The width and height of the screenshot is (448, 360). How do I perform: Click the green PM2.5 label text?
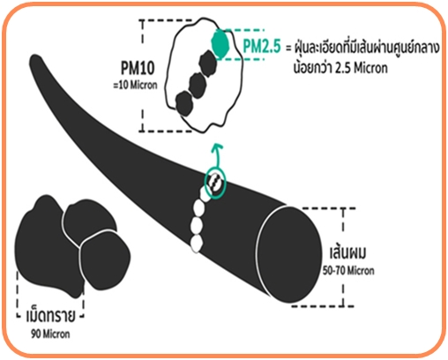point(262,46)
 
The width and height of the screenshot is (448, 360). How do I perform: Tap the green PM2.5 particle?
point(220,44)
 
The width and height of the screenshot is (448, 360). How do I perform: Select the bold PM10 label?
point(138,68)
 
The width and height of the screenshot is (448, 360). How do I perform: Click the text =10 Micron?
point(135,86)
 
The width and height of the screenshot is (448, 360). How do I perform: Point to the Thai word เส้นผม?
point(348,253)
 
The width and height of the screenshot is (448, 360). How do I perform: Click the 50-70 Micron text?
point(348,271)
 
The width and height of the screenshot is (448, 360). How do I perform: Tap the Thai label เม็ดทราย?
point(50,316)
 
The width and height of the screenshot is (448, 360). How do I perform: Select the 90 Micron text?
point(50,334)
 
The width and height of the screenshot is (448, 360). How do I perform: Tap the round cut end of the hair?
point(288,254)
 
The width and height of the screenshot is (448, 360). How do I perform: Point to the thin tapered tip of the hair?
point(34,59)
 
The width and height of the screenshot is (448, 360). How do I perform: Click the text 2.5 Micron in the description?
point(362,68)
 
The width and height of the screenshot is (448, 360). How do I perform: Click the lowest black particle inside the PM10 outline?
point(184,103)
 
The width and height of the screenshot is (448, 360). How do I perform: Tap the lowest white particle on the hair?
point(197,244)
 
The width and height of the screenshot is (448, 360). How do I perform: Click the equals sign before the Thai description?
point(288,48)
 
